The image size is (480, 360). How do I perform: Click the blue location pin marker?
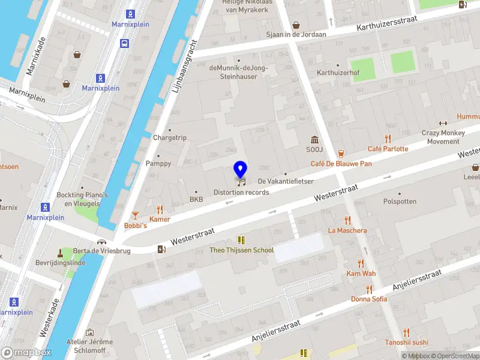(x=241, y=170)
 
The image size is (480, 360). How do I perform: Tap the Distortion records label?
(x=241, y=192)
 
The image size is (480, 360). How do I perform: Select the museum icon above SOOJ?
(x=313, y=139)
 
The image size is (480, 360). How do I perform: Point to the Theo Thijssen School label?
(x=241, y=250)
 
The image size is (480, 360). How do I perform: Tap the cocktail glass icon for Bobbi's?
(x=136, y=215)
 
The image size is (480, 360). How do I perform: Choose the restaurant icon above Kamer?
(x=160, y=209)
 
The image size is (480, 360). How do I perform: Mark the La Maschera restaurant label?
(x=347, y=230)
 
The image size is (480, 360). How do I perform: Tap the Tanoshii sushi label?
(x=406, y=343)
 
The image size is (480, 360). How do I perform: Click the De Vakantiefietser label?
(x=286, y=181)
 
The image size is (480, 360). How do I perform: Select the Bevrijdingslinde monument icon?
(x=60, y=253)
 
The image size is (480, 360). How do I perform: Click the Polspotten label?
(x=400, y=202)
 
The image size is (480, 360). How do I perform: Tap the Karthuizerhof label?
(x=337, y=73)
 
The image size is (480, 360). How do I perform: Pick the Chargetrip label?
(x=170, y=137)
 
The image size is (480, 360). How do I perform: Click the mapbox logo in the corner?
(x=26, y=352)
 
